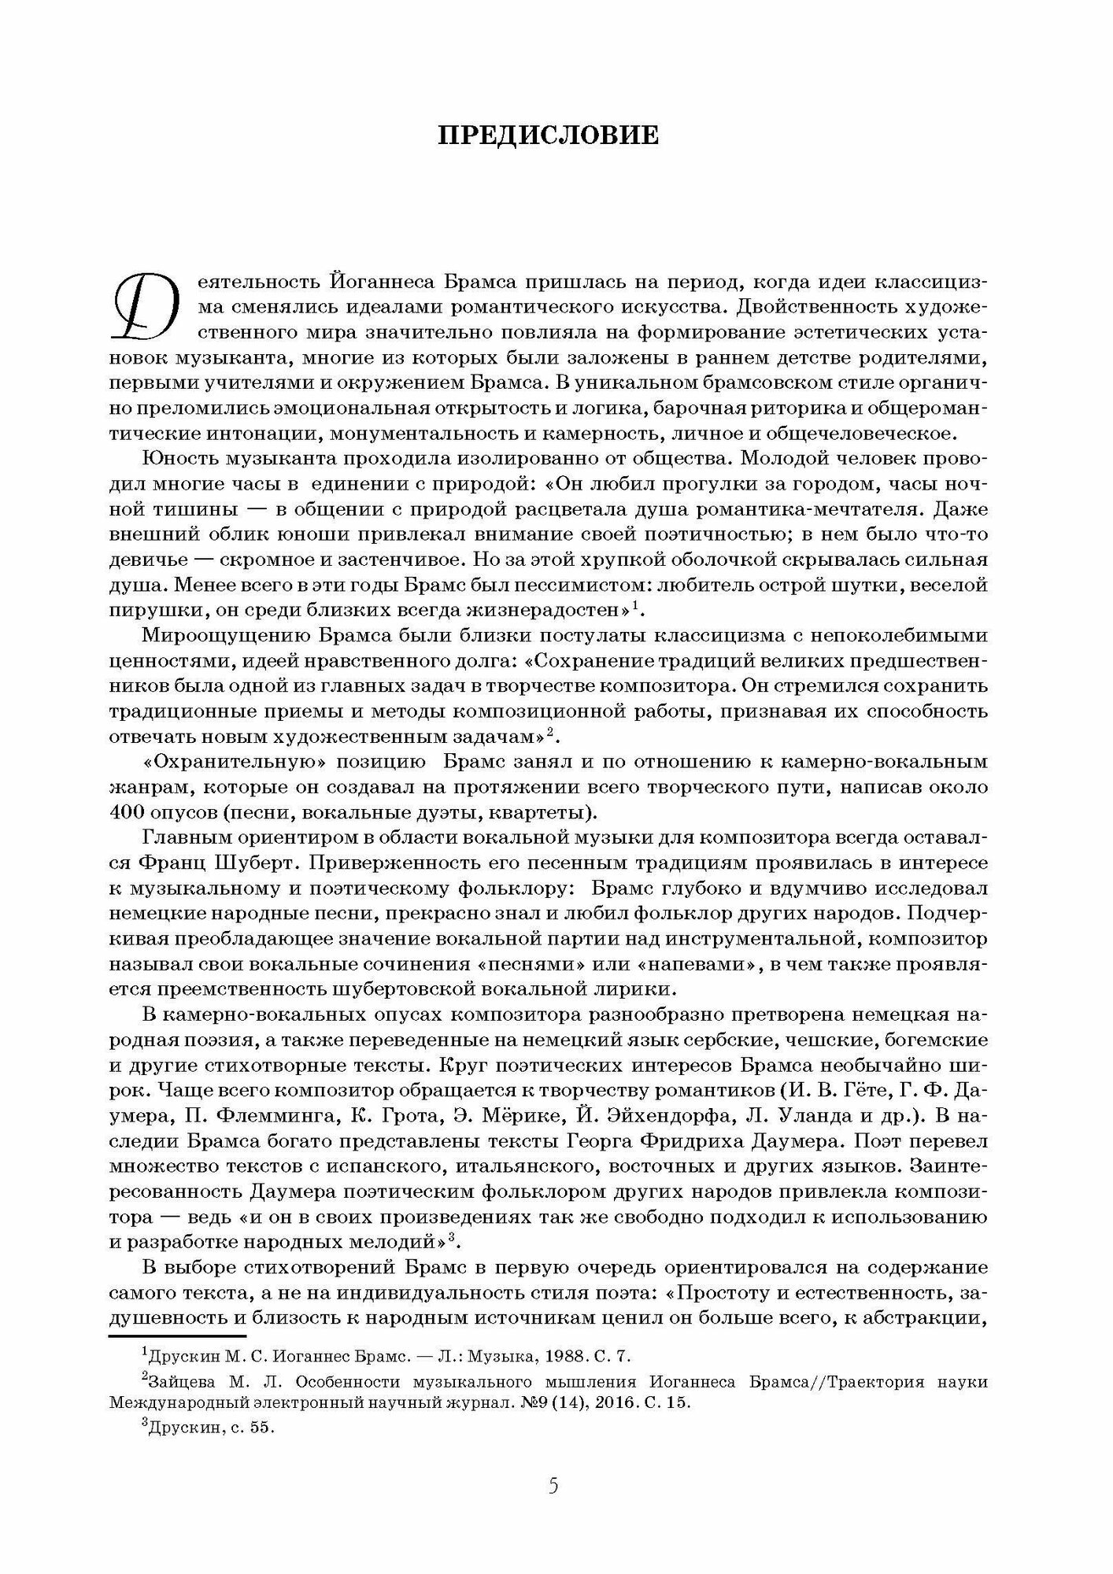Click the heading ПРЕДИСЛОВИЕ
[549, 135]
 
